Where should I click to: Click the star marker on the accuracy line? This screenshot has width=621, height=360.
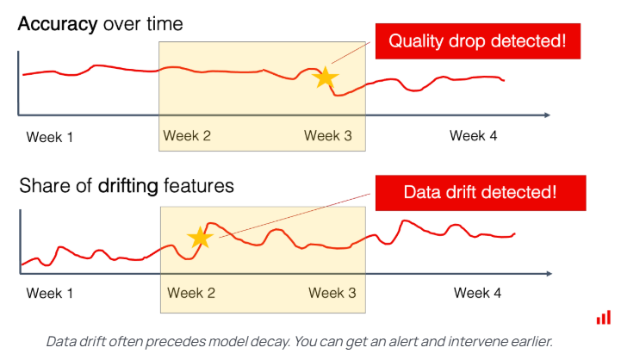(x=325, y=78)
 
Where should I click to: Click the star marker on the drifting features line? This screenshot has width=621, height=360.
(x=200, y=237)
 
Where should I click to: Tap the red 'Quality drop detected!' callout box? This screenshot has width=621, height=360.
(x=476, y=41)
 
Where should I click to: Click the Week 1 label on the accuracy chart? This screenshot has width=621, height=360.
(x=49, y=136)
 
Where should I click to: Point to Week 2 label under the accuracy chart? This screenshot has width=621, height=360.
(x=187, y=136)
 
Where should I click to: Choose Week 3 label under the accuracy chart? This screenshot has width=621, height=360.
(x=328, y=136)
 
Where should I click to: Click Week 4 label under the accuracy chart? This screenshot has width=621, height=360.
(x=474, y=136)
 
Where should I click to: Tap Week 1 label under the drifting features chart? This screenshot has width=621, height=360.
(x=49, y=293)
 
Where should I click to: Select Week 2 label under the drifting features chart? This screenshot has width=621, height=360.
(x=191, y=293)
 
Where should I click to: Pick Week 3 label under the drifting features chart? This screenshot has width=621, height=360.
(x=332, y=293)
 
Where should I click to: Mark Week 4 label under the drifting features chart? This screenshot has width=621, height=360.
(x=477, y=293)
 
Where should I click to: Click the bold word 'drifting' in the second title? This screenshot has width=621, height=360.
(x=127, y=185)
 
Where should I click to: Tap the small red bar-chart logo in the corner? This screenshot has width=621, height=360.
(x=603, y=318)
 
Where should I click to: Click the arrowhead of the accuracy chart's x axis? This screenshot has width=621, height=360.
(x=546, y=115)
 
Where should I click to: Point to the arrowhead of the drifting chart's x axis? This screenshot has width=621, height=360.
(x=549, y=274)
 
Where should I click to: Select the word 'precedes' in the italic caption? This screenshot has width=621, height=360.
(x=194, y=341)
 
